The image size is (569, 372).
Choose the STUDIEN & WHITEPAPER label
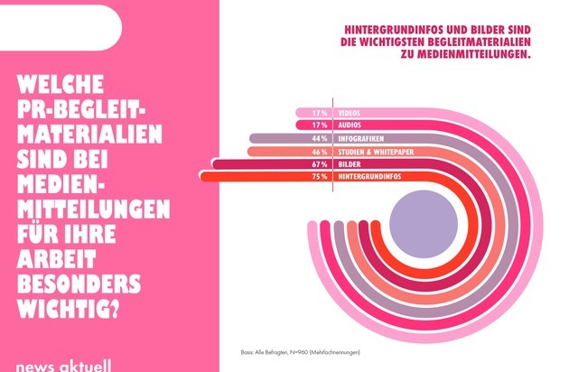[375, 152]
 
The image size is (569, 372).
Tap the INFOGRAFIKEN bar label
[359, 139]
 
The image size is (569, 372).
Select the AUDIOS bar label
[350, 126]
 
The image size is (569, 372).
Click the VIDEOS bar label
[350, 113]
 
